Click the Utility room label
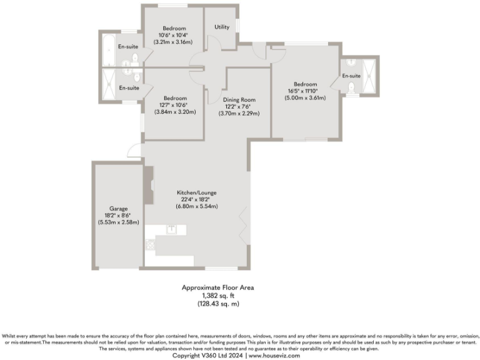(222, 27)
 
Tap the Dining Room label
(239, 99)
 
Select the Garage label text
(119, 208)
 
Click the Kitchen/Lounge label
(196, 192)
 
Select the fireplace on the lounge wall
(148, 186)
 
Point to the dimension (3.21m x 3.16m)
(173, 42)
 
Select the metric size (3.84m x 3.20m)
(175, 112)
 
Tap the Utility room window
(237, 25)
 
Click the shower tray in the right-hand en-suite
(370, 75)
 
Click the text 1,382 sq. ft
(217, 295)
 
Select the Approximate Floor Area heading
(217, 287)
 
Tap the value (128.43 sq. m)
(217, 303)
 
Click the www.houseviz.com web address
(274, 355)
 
